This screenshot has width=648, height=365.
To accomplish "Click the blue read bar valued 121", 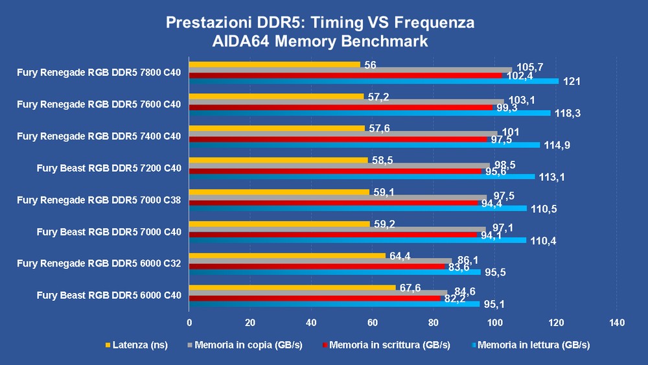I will point(373,81).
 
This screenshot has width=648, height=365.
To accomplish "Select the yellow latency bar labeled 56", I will point(274,64).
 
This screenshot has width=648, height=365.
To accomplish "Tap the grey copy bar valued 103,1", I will point(346,102).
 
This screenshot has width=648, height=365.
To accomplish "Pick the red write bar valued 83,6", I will point(316,266).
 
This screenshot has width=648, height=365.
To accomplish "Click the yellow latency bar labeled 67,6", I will point(292,288).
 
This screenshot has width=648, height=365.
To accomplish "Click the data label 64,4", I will point(401,256).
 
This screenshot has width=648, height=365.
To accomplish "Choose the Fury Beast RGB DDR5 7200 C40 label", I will point(109,168).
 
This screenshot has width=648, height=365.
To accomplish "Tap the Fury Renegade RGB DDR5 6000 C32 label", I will point(99,263).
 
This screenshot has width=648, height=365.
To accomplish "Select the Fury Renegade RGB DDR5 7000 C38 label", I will point(99,200).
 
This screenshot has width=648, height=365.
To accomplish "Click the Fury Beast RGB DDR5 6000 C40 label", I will point(109,295).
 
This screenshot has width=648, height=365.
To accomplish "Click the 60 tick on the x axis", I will point(373,322).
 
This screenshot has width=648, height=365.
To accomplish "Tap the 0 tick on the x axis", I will point(189,322).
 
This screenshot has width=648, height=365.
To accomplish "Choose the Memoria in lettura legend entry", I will point(529,345).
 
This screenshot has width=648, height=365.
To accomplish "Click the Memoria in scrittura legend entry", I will point(389,345).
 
